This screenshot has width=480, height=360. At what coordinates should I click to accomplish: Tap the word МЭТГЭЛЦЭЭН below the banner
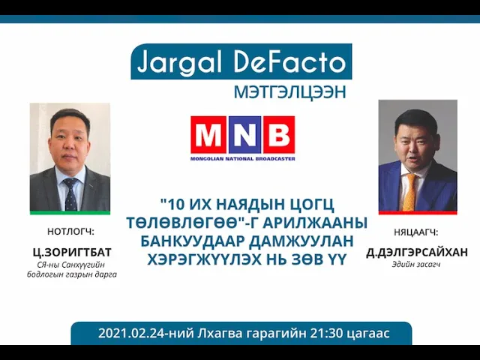290,91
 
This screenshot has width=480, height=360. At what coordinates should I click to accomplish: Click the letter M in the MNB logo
208,135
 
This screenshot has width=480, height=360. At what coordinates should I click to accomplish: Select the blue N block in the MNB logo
244,135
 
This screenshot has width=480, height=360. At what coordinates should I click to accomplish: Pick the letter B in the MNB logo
278,135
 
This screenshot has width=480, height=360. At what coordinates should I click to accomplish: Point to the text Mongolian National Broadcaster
243,159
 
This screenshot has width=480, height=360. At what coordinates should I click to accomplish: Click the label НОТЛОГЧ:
70,232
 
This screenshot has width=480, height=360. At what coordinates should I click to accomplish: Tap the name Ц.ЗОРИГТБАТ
72,253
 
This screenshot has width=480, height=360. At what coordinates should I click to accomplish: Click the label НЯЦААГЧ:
416,232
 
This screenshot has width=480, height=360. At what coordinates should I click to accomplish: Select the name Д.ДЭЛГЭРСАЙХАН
417,253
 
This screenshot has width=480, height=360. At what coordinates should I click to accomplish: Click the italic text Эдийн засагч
416,265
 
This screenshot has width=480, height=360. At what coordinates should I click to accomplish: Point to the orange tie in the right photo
410,192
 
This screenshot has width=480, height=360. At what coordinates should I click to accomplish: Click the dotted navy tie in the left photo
70,195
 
